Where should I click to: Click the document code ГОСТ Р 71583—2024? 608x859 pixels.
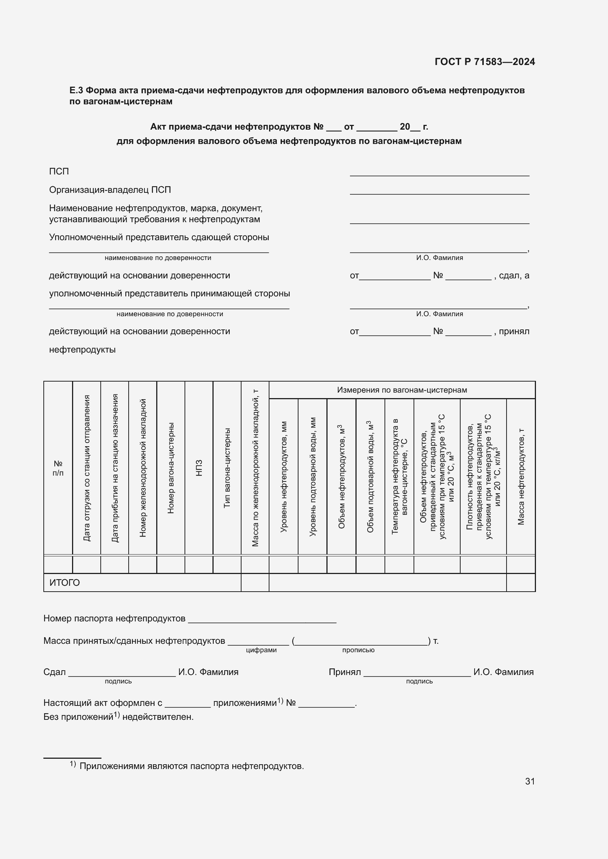tap(484, 62)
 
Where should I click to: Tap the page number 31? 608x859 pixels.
tap(530, 781)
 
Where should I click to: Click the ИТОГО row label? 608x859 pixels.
tap(64, 583)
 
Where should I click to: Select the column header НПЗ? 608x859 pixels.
tap(199, 468)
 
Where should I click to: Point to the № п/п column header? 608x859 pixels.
tap(58, 468)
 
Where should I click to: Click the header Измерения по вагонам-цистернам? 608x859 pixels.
tap(402, 390)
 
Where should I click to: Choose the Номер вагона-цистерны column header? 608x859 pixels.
tap(171, 468)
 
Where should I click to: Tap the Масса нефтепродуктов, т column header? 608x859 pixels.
tap(521, 477)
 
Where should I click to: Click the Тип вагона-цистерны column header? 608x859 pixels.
tap(227, 468)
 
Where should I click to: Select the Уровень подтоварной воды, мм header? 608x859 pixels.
tap(312, 477)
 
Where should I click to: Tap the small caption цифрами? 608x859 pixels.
tap(261, 650)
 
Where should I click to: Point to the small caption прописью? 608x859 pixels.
tap(358, 650)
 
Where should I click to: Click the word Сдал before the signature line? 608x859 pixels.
tap(55, 672)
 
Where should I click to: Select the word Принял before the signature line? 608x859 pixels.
tap(344, 672)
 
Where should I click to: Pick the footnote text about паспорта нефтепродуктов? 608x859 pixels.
tap(192, 766)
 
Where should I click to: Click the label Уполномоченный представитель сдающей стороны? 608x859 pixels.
tap(159, 237)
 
